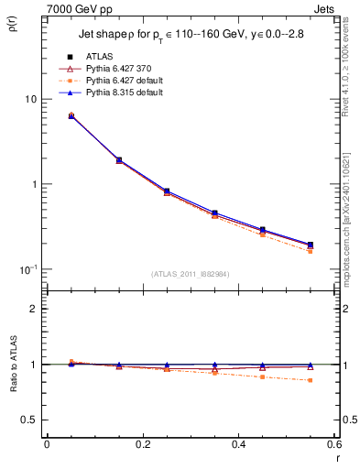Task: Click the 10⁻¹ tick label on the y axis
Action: point(27,269)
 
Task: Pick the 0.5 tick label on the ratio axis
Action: point(29,420)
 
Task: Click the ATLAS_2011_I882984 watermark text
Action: point(191,274)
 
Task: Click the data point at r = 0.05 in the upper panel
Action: point(71,115)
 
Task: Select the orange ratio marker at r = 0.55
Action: point(310,380)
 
